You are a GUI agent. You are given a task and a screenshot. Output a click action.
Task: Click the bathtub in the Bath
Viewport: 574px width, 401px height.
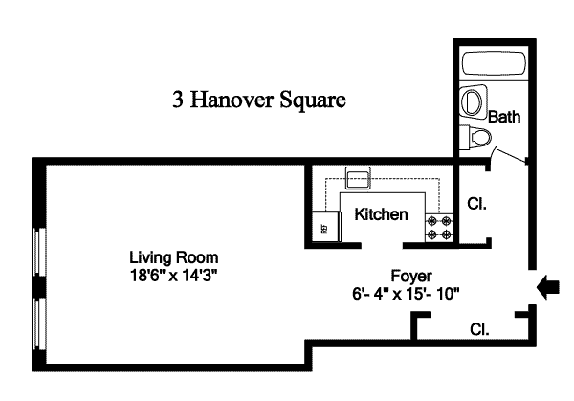coord(494,64)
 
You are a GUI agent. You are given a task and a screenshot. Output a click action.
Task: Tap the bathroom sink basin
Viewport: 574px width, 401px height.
coord(473,101)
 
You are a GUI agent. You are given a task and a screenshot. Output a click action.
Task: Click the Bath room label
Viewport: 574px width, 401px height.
coord(504,117)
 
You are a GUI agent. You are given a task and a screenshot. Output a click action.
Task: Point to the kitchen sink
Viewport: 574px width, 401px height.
coord(358,178)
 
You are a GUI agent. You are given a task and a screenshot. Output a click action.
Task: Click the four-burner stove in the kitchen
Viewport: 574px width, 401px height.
coord(439,228)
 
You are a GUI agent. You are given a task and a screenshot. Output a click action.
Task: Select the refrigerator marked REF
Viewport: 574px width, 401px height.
coord(326,227)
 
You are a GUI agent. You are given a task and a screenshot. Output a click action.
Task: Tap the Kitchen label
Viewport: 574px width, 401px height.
coord(381,214)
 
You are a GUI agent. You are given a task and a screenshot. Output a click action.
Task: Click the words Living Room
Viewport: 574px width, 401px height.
coord(174,257)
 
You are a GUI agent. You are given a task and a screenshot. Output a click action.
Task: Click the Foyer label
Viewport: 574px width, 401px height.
coord(411,276)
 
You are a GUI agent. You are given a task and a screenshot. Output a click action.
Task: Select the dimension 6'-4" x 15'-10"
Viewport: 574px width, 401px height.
coord(406,294)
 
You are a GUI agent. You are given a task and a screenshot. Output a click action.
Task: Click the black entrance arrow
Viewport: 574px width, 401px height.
coord(547,287)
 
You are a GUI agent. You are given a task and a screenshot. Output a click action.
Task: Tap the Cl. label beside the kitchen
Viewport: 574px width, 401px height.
coord(477,204)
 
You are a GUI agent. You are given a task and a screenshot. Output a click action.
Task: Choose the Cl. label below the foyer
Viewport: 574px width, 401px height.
coord(479,329)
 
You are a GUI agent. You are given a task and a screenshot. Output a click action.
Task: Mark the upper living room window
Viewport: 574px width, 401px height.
coord(39,252)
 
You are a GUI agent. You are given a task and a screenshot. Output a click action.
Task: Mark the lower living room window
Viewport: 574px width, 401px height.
coord(39,323)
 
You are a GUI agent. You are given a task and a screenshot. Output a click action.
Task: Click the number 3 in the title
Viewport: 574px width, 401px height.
coord(178,100)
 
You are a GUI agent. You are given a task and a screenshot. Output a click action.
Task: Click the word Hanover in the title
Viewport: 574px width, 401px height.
coord(232,100)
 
